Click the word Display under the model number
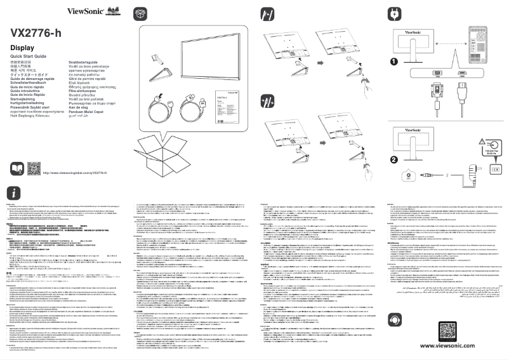[22, 48]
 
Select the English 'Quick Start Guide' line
[29, 58]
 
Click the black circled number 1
[394, 62]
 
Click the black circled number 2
[394, 159]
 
